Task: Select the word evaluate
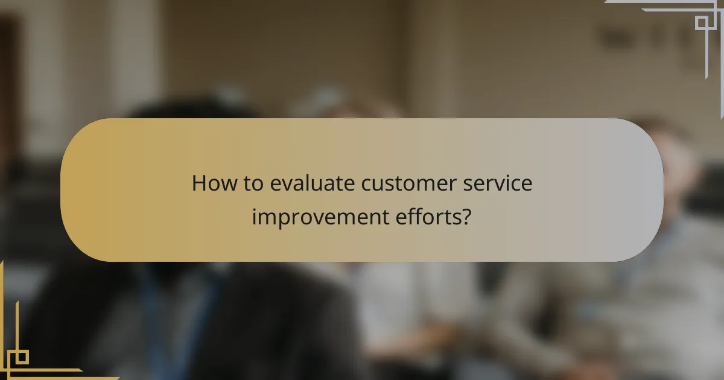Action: coord(313,183)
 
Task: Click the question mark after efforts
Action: coord(466,217)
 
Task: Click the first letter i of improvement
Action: coord(255,217)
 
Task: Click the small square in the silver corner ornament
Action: coord(701,23)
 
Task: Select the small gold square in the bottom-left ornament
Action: coord(21,357)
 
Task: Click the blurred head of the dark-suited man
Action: coord(175,139)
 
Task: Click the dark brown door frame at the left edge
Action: coord(7,90)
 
